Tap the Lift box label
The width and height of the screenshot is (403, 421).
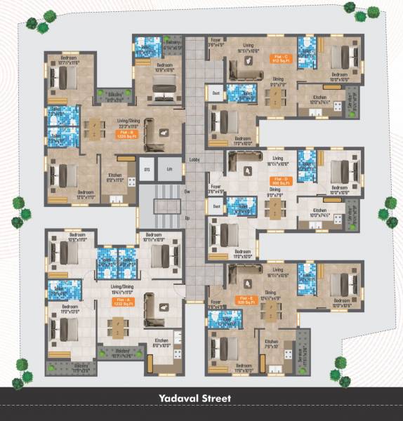(169, 169)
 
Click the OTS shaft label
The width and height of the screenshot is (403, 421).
(147, 169)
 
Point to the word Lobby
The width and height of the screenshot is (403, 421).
(195, 160)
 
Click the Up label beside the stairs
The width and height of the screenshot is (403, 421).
(187, 218)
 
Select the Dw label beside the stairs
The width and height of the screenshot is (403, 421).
(187, 190)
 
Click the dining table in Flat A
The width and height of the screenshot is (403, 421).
(117, 326)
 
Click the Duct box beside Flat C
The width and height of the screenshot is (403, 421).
(216, 92)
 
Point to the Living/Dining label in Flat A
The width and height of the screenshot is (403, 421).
(122, 286)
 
